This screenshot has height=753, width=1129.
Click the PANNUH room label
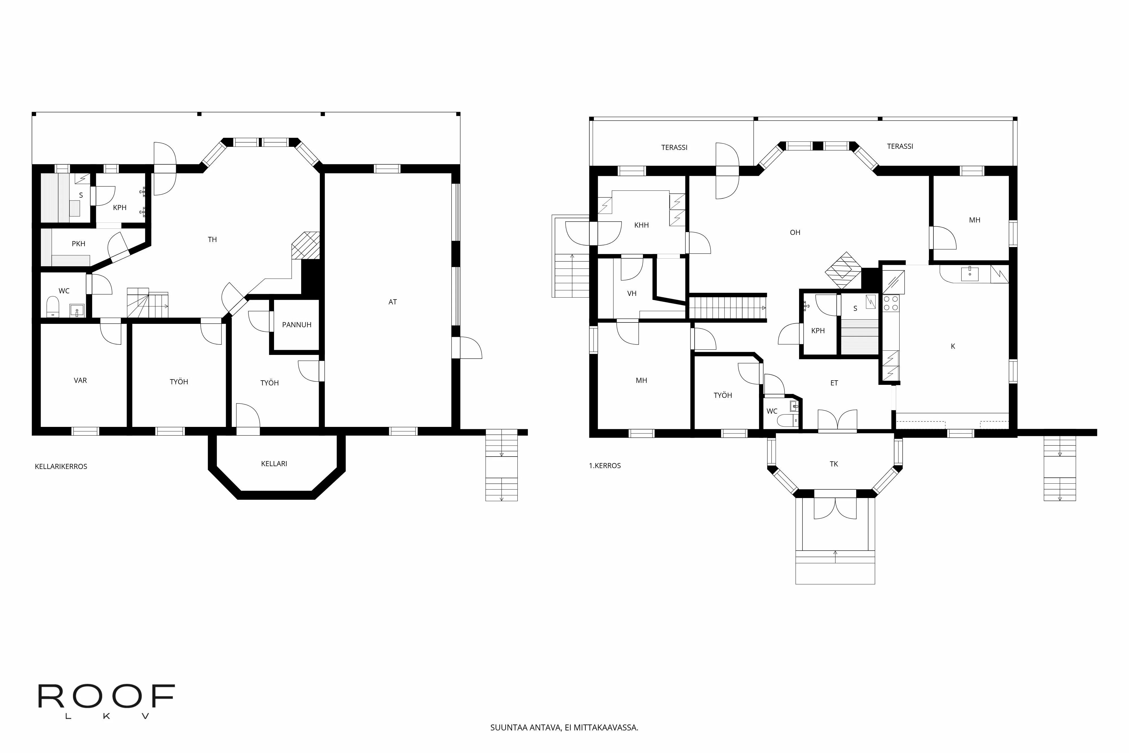[297, 325]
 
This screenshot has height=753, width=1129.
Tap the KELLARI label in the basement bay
[274, 463]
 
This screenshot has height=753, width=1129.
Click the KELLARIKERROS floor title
[61, 466]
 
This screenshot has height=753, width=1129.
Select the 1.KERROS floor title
[605, 465]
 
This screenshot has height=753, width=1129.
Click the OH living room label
[795, 232]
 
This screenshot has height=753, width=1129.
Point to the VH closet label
[632, 293]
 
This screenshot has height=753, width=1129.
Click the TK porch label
[834, 464]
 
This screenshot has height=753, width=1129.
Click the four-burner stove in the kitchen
[891, 303]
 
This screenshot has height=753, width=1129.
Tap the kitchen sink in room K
[970, 274]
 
